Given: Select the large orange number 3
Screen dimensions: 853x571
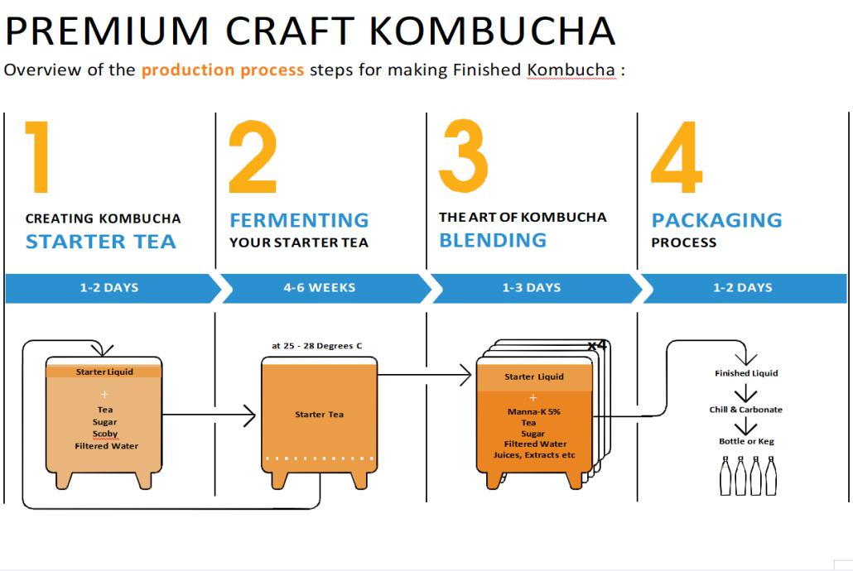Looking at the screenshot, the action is pyautogui.click(x=464, y=156).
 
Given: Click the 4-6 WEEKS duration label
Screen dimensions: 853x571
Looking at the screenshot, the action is pyautogui.click(x=320, y=288).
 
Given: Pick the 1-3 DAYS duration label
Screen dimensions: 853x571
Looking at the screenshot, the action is pyautogui.click(x=532, y=288).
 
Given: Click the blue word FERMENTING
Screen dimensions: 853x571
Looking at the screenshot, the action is pyautogui.click(x=299, y=220).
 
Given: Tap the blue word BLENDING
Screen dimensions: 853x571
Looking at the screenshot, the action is pyautogui.click(x=493, y=240).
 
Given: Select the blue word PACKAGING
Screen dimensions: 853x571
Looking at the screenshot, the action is pyautogui.click(x=717, y=220).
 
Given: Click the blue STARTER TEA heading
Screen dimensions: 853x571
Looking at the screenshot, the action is pyautogui.click(x=101, y=242).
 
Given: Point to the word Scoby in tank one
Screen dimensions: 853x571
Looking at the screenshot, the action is pyautogui.click(x=105, y=434).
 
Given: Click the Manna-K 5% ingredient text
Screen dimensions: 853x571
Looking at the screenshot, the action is pyautogui.click(x=533, y=411).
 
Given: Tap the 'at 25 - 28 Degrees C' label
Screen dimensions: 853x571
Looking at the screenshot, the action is pyautogui.click(x=316, y=346).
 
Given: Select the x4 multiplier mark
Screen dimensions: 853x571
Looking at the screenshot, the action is pyautogui.click(x=597, y=345).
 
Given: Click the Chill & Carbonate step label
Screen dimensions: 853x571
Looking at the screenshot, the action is pyautogui.click(x=746, y=410).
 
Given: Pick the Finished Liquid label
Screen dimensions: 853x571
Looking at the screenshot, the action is pyautogui.click(x=746, y=373).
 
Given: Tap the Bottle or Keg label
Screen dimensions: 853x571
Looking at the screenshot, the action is pyautogui.click(x=746, y=441).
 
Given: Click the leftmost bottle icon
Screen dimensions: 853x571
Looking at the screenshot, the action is pyautogui.click(x=725, y=476).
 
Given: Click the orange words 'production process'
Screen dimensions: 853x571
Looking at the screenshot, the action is pyautogui.click(x=223, y=70).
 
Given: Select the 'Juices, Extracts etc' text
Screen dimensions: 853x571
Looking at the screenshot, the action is pyautogui.click(x=534, y=455).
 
